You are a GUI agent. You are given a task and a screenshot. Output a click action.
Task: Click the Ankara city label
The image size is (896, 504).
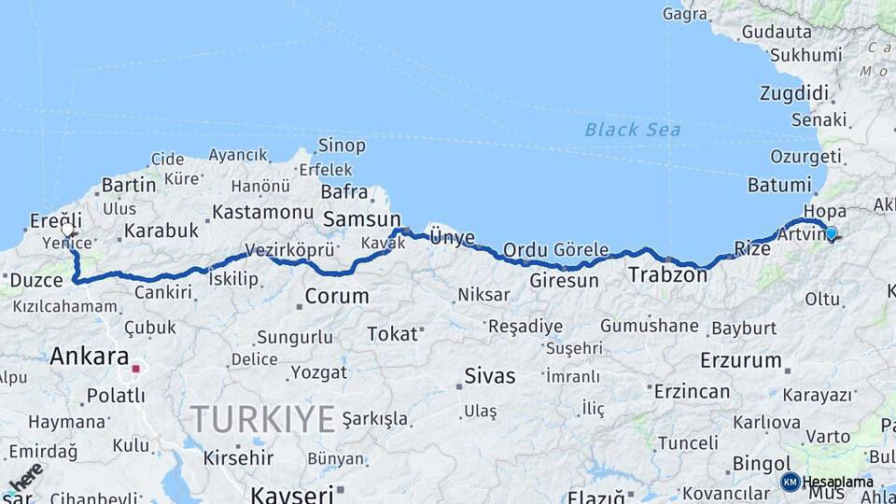[89, 356]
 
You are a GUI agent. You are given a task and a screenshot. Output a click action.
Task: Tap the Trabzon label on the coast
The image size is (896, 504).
[667, 274]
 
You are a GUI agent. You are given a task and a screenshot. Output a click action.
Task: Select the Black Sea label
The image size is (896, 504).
[632, 130]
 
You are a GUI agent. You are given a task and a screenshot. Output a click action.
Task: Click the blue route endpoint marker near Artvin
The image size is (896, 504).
[831, 232]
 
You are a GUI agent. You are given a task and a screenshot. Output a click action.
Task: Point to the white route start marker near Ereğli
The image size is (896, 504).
[67, 229]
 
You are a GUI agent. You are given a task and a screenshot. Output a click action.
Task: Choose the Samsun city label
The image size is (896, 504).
[361, 219]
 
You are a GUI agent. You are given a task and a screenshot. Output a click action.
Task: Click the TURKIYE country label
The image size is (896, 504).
[262, 419]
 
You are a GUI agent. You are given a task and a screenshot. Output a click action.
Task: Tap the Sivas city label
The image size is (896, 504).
[490, 376]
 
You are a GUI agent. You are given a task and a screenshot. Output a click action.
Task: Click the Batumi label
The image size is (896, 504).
[779, 185]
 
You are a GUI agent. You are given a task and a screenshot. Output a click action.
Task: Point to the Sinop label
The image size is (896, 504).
[342, 146]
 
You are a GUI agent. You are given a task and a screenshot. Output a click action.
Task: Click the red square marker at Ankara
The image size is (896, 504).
[135, 369]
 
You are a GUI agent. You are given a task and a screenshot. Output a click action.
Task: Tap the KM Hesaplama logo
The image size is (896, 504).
[827, 482]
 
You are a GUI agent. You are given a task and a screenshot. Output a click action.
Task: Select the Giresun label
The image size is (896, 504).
[563, 280]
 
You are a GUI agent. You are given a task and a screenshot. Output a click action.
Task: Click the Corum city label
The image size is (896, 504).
[337, 298]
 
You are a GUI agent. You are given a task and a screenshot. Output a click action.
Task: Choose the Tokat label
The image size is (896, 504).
[391, 333]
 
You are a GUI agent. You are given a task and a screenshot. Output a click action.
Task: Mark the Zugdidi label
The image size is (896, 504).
[794, 92]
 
